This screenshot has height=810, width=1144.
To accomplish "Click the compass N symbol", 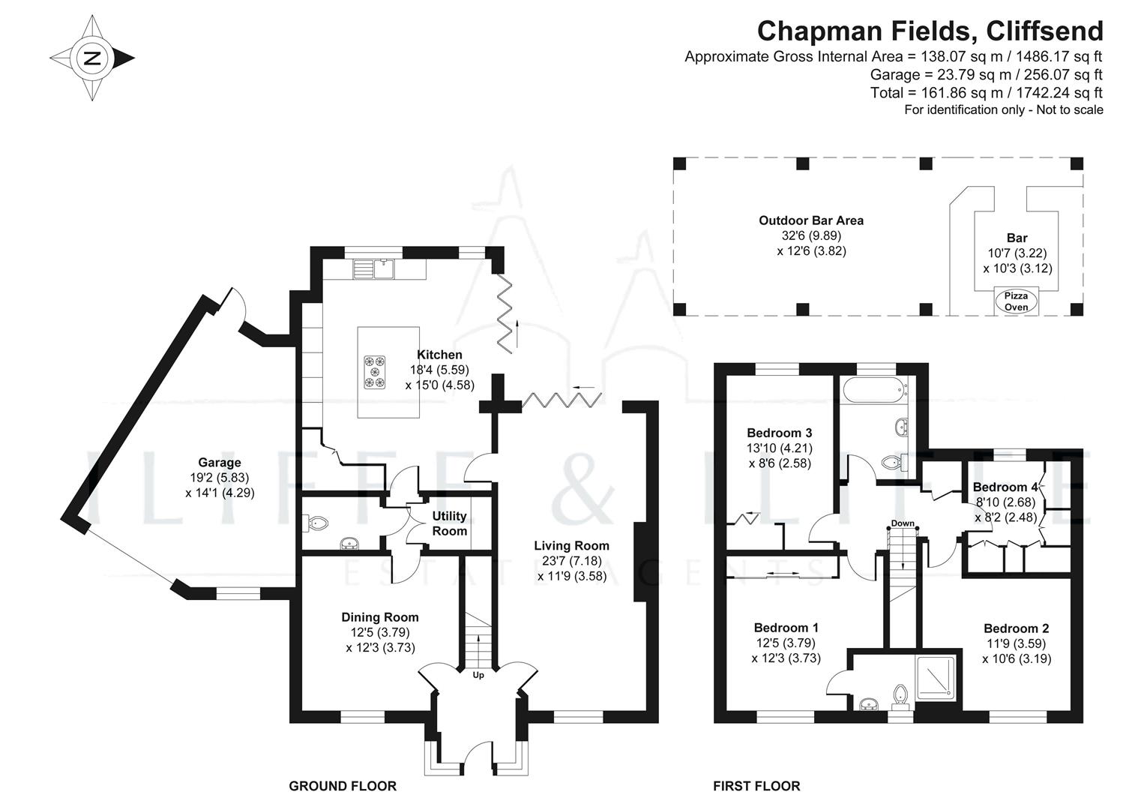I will coord(92,58).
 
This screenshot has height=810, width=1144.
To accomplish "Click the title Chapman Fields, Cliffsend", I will coord(930,31).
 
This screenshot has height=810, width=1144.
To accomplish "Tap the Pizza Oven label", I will coord(1016,301).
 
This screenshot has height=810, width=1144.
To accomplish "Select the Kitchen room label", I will coord(439,355).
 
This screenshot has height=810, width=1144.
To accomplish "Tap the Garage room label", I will coord(220,463).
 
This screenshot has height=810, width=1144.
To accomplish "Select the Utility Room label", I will coord(449,523).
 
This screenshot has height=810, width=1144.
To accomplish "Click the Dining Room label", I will coord(380,617).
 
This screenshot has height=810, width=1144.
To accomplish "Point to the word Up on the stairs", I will coord(478,675).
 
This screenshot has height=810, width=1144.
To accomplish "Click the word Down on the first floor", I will coord(903,523).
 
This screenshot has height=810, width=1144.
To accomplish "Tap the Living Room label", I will coord(571,546).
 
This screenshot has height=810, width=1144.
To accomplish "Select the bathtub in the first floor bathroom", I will coord(873,391).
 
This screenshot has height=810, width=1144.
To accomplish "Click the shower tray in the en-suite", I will coord(936,679).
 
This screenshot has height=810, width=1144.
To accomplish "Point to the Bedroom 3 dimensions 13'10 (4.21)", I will coord(780,448).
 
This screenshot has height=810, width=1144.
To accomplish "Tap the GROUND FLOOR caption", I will coord(343,786).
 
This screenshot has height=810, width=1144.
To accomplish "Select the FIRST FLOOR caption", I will coord(756,786).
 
